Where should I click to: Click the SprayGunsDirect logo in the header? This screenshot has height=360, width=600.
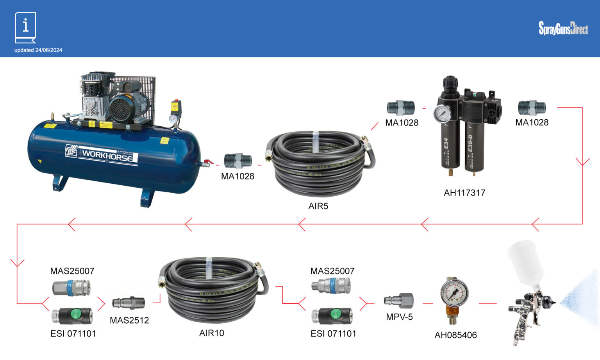[563, 28]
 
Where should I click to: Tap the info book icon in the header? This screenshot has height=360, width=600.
[25, 27]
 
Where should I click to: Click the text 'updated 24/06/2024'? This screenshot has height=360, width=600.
[38, 50]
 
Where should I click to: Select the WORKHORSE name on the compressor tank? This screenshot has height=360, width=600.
[107, 155]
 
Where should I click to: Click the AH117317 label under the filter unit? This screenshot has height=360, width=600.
[464, 193]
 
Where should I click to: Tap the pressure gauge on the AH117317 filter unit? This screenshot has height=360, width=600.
[442, 114]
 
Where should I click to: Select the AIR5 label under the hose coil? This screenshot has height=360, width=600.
[318, 206]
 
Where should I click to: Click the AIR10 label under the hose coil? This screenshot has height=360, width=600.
[212, 333]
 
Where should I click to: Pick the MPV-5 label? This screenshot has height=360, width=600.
[399, 317]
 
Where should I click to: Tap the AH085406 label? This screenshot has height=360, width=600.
[455, 335]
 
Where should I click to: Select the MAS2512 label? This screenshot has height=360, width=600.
[129, 321]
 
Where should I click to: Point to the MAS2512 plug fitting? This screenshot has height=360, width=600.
[129, 303]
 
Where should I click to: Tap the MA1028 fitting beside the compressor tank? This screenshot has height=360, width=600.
[237, 161]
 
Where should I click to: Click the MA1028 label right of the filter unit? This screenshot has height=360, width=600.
[532, 123]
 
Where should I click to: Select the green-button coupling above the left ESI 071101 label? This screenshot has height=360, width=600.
[72, 315]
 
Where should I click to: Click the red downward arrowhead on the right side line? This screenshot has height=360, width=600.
[582, 162]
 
